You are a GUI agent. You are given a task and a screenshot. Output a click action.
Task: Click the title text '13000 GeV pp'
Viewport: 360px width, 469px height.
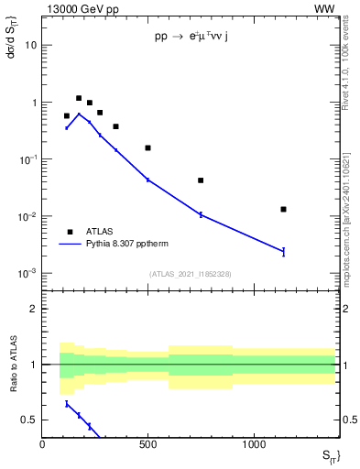[x=76, y=8]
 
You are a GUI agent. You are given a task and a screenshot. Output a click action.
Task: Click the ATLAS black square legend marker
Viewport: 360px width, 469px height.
[x=69, y=232]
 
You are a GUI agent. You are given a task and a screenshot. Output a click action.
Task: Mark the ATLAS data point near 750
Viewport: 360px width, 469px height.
[x=201, y=180]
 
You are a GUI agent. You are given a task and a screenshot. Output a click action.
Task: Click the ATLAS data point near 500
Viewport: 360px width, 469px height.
[x=147, y=147]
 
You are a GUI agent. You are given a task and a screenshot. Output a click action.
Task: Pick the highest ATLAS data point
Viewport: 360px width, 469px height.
[x=79, y=98]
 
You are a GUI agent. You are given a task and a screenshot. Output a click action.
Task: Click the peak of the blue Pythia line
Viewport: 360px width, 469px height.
[x=79, y=114]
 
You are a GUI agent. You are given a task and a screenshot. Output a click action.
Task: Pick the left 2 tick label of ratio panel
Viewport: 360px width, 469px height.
[x=33, y=309]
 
